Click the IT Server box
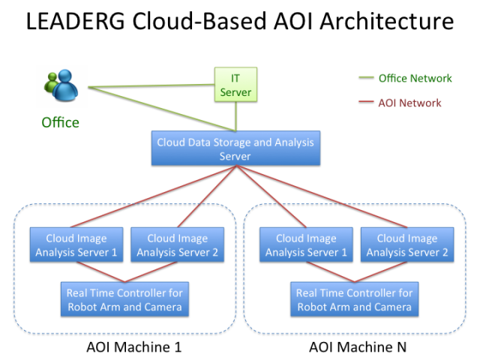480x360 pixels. pos(236,85)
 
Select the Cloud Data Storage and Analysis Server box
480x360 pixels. pos(235,148)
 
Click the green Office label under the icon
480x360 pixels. pos(60,122)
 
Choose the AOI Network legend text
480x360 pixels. pos(409,103)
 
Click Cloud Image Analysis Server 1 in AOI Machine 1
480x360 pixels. pos(76,245)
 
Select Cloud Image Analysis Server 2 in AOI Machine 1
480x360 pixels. pos(177,245)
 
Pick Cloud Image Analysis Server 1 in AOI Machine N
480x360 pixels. pos(306,245)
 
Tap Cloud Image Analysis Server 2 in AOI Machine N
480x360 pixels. pos(407,245)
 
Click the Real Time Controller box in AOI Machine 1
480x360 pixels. pos(124,299)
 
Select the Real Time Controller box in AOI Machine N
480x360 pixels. pos(354,299)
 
